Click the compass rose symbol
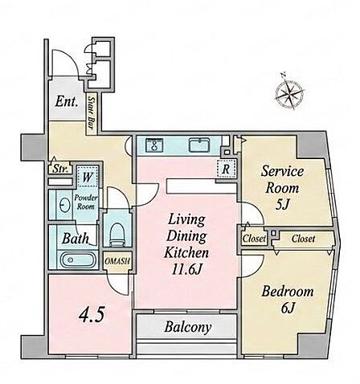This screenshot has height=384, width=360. point(290,92)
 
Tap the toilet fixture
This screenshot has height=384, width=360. point(117,234)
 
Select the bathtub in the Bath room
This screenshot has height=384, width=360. point(79,259)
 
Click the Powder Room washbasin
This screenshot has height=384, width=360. point(63,206)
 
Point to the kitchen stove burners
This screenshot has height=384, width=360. point(154,145)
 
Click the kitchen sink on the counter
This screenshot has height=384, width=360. point(199,145)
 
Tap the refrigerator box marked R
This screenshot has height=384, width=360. point(227,169)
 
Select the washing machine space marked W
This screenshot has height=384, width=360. point(88,177)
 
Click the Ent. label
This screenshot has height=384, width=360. point(67,102)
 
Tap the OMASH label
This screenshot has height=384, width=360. point(117,261)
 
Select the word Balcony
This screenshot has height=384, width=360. point(188,327)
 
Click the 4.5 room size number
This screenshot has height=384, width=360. point(92,315)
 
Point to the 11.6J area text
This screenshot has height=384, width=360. point(186,270)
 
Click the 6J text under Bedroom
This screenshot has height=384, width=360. point(288,308)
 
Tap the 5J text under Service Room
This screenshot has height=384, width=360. point(282,205)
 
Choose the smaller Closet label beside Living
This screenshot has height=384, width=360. point(254,239)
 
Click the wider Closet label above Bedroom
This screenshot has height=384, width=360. point(303,239)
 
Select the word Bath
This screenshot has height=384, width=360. point(76,238)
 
